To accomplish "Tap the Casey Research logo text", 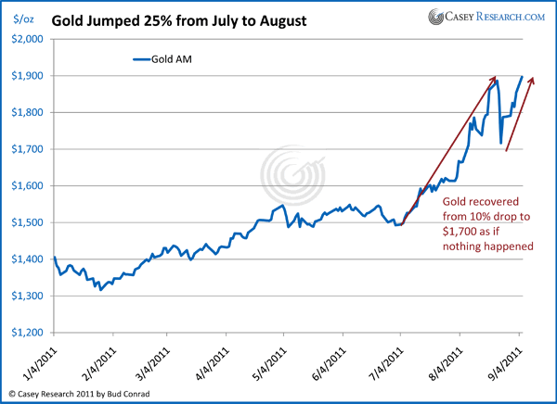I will click(x=498, y=17).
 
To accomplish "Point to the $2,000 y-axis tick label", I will click(x=27, y=39).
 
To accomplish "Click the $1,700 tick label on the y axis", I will click(x=27, y=149).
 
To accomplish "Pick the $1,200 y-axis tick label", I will click(x=27, y=333).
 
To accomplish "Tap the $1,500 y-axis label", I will click(x=27, y=222).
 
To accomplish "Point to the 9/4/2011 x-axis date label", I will click(x=507, y=360).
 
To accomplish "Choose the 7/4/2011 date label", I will click(x=388, y=360).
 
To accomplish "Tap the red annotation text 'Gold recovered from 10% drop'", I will click(x=481, y=223).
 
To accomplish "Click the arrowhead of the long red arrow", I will click(x=495, y=79).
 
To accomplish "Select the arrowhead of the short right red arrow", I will click(x=532, y=81).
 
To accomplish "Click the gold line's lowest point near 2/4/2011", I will click(x=100, y=289).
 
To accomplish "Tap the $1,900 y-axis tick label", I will click(x=27, y=76).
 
